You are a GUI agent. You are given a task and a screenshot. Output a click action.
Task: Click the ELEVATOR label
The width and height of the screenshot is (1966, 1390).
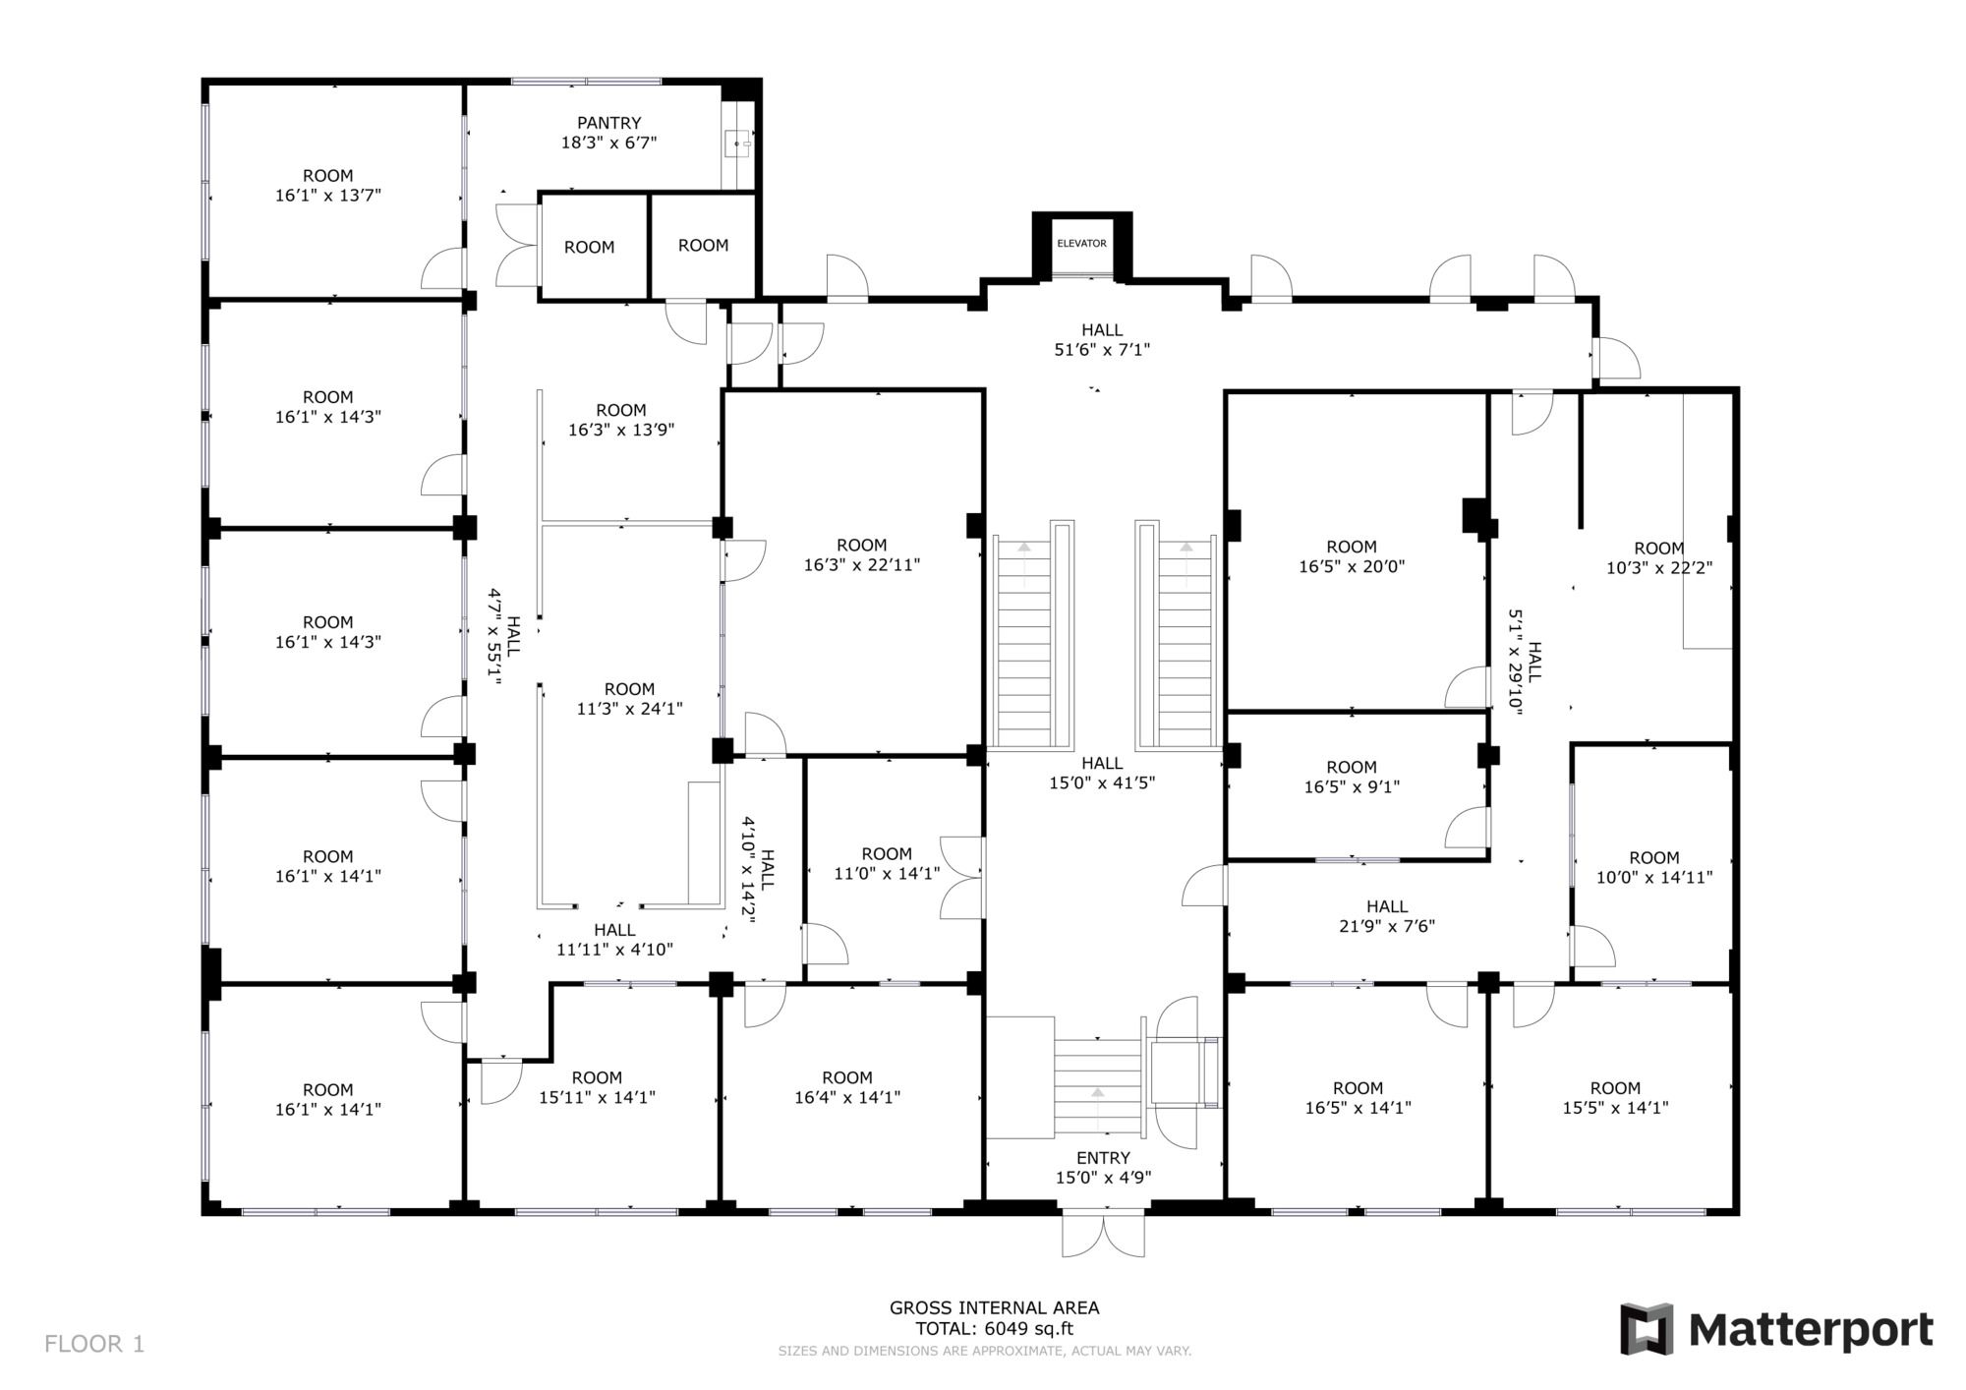1081,243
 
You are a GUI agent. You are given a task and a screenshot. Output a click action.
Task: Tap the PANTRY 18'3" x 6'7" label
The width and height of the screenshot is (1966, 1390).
608,133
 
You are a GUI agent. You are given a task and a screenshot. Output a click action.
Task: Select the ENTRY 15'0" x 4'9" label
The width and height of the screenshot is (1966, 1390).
1103,1167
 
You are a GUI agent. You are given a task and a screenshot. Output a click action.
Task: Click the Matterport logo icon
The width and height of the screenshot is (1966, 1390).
1647,1329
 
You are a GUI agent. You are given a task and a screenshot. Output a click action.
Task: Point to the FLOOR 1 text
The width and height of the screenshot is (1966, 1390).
94,1344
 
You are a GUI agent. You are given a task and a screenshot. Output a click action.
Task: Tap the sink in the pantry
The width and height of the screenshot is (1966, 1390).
738,145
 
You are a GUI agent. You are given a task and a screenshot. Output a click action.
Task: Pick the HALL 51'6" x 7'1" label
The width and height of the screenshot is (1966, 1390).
1102,339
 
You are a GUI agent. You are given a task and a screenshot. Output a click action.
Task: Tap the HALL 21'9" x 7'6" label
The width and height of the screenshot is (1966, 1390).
1386,915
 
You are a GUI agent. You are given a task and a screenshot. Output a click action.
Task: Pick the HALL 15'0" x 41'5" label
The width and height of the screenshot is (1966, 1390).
1102,773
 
